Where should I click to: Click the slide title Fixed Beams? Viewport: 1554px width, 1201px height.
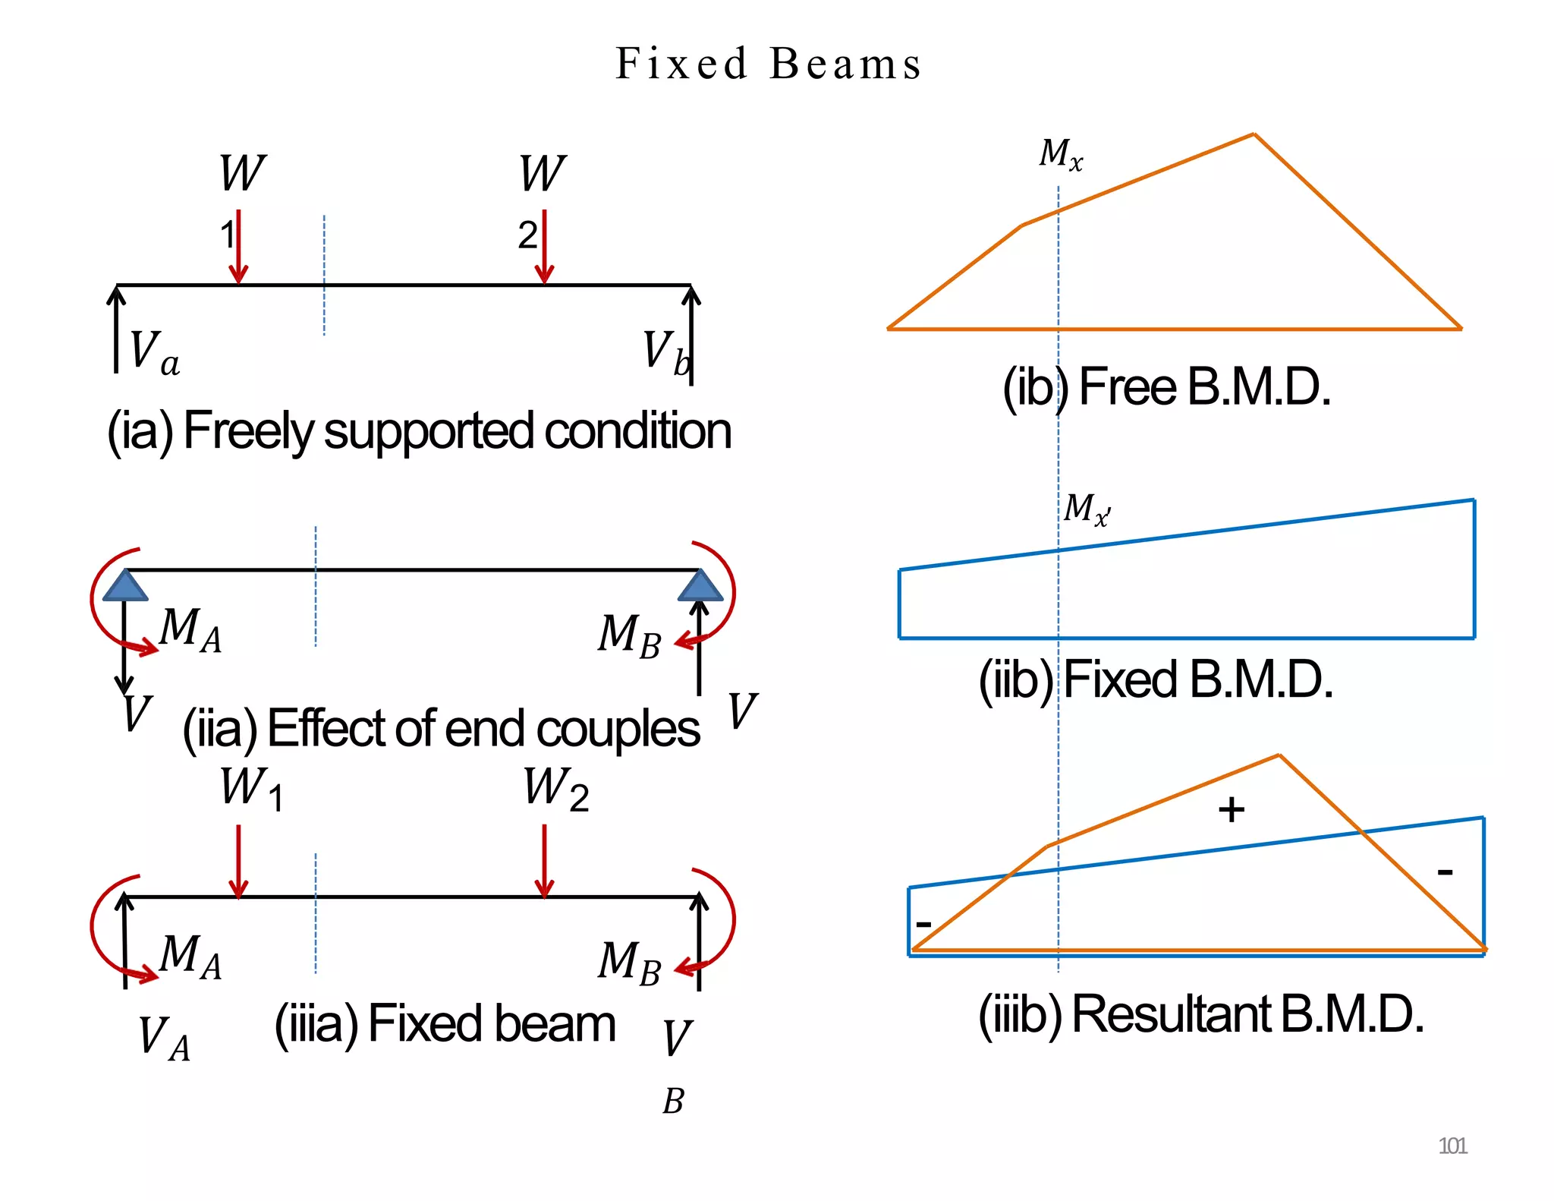tap(768, 64)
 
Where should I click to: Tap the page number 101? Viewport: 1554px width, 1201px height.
tap(1452, 1146)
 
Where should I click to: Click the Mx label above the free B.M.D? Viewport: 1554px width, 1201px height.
tap(1060, 154)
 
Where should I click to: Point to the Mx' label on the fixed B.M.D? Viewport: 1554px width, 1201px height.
tap(1086, 509)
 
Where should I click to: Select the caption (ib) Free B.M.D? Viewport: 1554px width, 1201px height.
tap(1166, 388)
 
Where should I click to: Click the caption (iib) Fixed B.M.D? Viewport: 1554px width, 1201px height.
tap(1155, 679)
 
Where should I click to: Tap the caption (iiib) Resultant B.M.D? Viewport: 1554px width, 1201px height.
tap(1200, 1014)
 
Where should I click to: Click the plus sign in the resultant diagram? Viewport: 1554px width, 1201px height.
tap(1231, 809)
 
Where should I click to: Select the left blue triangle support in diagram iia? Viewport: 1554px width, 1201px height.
tap(125, 586)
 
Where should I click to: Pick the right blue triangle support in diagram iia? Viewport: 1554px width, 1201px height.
tap(700, 586)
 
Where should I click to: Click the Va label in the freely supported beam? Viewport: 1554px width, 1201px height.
tap(154, 352)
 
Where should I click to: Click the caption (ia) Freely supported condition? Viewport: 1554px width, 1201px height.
tap(419, 431)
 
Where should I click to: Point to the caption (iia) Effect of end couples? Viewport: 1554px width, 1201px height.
tap(441, 729)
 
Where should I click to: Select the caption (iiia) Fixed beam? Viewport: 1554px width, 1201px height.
tap(445, 1024)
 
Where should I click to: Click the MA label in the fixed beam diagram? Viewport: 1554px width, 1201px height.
tap(190, 956)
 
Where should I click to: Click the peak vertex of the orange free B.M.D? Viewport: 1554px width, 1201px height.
tap(1254, 134)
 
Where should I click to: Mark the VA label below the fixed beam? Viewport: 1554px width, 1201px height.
tap(163, 1039)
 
